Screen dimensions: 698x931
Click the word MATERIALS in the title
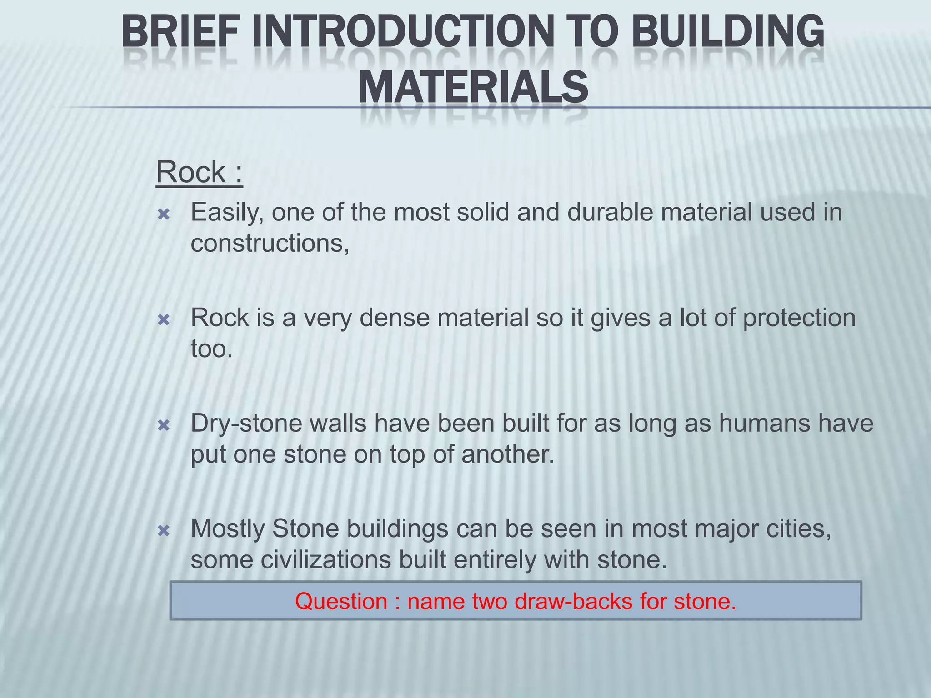tap(473, 86)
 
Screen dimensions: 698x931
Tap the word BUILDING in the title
tap(728, 32)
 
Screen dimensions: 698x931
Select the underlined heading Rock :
tap(200, 172)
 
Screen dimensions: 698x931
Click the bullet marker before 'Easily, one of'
tap(163, 214)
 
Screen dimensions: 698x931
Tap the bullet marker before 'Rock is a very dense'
tap(163, 320)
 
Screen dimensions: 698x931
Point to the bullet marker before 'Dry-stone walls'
tap(163, 426)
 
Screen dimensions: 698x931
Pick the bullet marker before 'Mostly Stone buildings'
tap(163, 531)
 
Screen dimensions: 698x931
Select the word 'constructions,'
tap(270, 244)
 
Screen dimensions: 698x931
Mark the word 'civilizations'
tap(326, 560)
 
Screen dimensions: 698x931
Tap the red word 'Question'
tap(341, 602)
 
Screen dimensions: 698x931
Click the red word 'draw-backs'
tap(574, 602)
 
